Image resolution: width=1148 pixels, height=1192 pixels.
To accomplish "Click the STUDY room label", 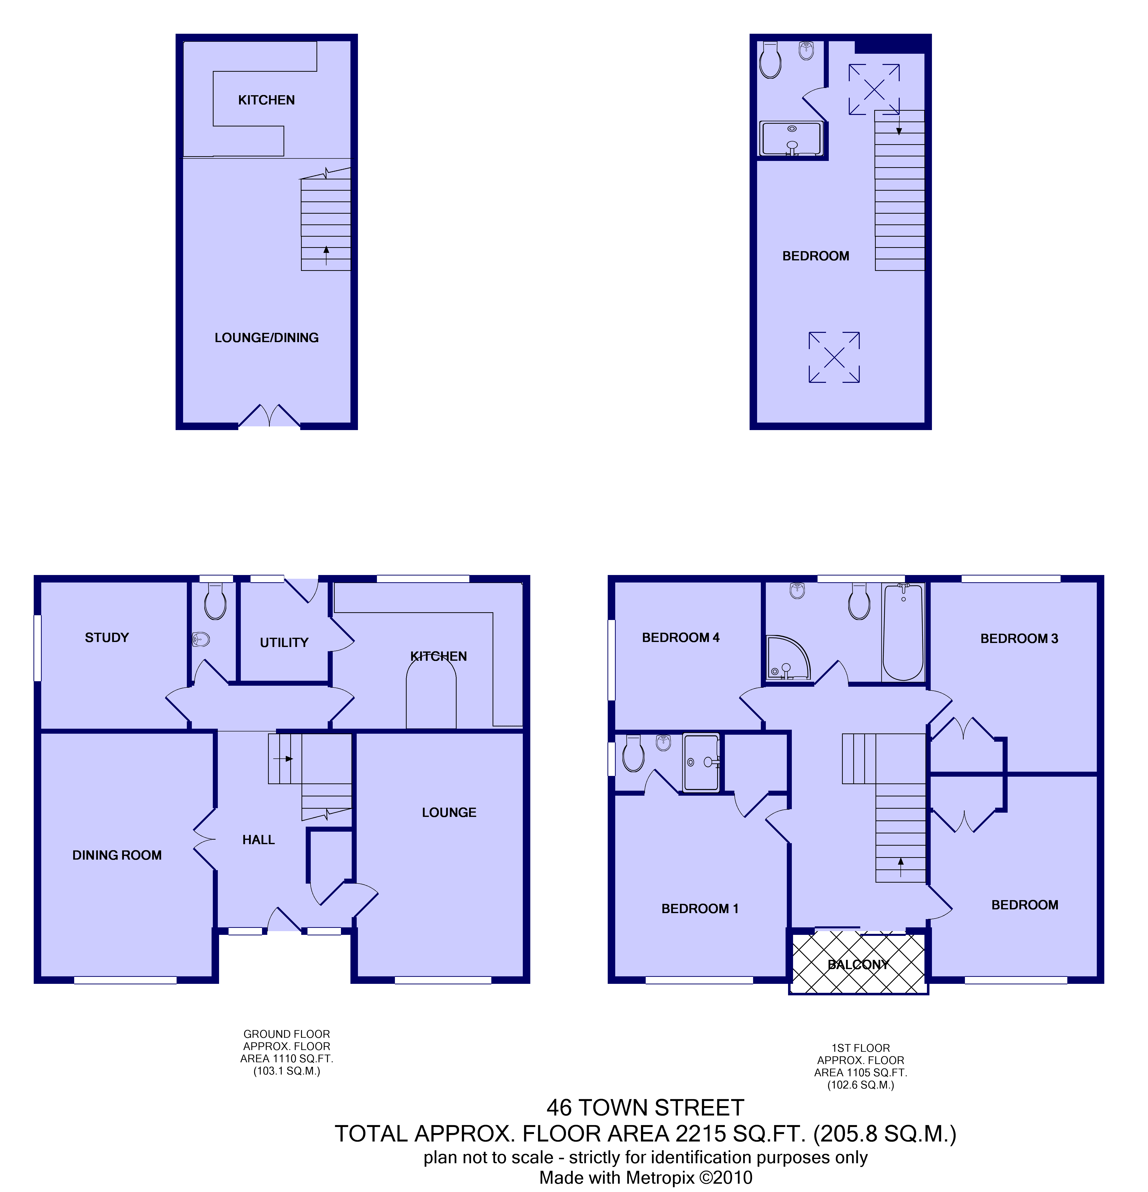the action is click(x=107, y=637).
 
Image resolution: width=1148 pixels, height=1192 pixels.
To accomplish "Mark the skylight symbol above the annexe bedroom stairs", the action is click(x=874, y=89).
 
